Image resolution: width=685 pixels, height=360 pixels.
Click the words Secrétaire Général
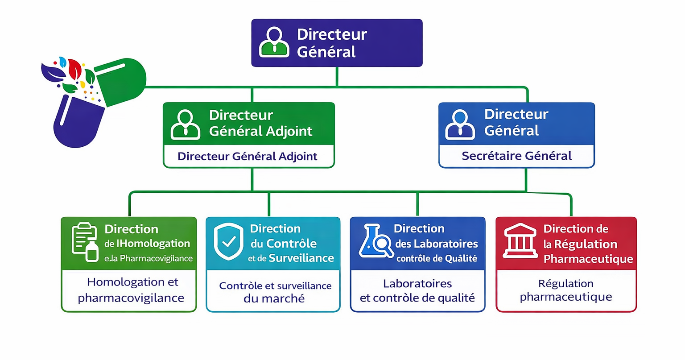tap(516, 156)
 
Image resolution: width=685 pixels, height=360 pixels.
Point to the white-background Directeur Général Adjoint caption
tap(248, 157)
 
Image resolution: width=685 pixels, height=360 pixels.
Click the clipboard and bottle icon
tap(85, 242)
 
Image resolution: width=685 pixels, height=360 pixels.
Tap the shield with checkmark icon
tap(229, 241)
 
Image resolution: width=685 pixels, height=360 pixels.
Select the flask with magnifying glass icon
tap(376, 242)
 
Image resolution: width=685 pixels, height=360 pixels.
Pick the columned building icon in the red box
tap(520, 241)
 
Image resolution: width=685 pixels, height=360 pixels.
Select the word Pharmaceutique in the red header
tap(588, 259)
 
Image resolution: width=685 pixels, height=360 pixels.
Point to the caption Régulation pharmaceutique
tap(566, 290)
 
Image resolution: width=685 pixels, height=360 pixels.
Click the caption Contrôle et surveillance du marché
tap(275, 292)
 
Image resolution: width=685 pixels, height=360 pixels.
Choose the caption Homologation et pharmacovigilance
tap(131, 290)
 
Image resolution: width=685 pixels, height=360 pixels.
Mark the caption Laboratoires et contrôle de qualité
tap(417, 291)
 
